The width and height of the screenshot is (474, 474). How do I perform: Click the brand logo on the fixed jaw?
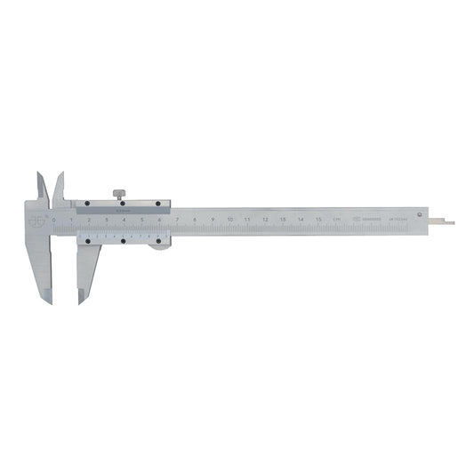pyautogui.click(x=36, y=220)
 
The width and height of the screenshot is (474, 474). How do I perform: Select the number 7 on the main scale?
pyautogui.click(x=177, y=219)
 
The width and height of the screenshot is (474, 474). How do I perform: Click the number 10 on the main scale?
pyautogui.click(x=229, y=219)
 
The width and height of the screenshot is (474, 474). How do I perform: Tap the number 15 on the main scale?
pyautogui.click(x=317, y=219)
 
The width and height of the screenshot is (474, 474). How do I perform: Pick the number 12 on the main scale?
pyautogui.click(x=265, y=219)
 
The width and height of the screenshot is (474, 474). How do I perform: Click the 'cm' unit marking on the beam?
pyautogui.click(x=335, y=219)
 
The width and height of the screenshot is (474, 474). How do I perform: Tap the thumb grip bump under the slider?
pyautogui.click(x=160, y=247)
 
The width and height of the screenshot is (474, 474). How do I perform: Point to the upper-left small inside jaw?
pyautogui.click(x=41, y=185)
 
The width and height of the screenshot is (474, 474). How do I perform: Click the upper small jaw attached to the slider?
pyautogui.click(x=59, y=187)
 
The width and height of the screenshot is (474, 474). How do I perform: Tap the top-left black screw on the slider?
pyautogui.click(x=86, y=205)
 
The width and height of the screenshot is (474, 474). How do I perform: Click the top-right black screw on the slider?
pyautogui.click(x=158, y=205)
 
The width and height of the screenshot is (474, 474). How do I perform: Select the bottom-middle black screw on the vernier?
pyautogui.click(x=123, y=240)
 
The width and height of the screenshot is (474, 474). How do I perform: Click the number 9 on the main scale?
pyautogui.click(x=212, y=219)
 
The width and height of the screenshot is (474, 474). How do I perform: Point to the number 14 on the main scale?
pyautogui.click(x=300, y=219)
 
